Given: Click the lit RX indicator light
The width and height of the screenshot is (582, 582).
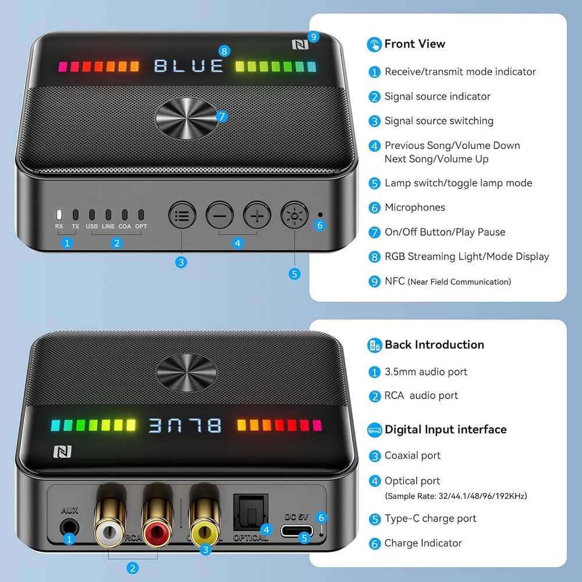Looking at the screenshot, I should [59, 214].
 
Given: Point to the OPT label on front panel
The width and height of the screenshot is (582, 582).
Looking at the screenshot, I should [141, 226].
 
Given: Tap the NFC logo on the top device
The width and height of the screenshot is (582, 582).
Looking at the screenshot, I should [299, 45].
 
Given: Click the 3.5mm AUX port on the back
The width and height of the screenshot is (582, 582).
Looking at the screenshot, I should [69, 527].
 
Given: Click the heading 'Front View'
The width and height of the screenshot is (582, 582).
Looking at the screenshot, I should [414, 44].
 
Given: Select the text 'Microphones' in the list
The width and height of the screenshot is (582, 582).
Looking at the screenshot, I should [414, 207].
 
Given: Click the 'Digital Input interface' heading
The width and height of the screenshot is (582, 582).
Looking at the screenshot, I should [445, 430].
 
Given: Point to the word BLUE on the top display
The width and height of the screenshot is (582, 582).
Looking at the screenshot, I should [189, 65].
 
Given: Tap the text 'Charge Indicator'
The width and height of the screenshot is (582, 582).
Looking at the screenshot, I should [423, 543].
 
